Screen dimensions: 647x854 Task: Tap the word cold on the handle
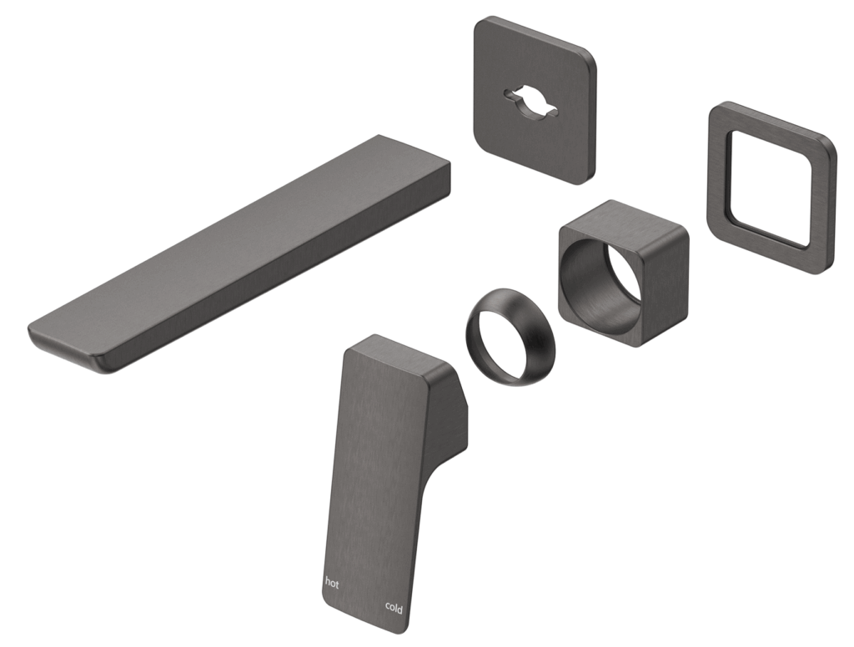[x=394, y=608]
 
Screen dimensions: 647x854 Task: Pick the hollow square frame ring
[x=770, y=188]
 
